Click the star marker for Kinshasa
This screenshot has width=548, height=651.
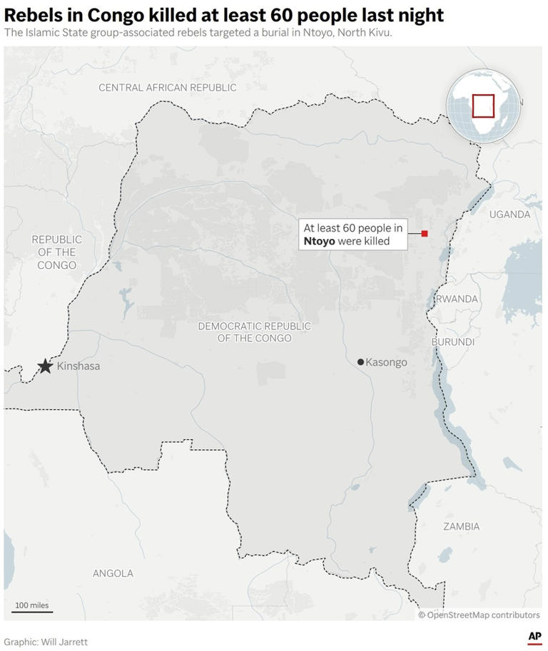pos(45,366)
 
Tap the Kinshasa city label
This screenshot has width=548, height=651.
pos(78,366)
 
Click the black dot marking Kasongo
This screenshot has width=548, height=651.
pos(361,362)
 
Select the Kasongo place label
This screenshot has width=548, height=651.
pos(386,362)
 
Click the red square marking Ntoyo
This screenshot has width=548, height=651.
pos(425,234)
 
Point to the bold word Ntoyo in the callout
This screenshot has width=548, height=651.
pos(319,242)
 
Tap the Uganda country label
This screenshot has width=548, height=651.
pos(509,215)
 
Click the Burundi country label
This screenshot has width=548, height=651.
pos(453,342)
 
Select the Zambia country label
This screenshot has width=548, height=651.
pos(461,527)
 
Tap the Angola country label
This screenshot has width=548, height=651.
pos(113,573)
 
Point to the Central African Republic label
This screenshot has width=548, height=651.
pos(167,88)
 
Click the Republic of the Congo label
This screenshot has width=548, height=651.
pos(57,252)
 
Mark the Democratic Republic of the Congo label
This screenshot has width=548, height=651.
pos(254,332)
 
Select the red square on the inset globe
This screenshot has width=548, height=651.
pos(483,106)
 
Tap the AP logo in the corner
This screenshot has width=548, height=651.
pos(534,637)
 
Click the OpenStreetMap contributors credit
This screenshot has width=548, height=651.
pos(479,615)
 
